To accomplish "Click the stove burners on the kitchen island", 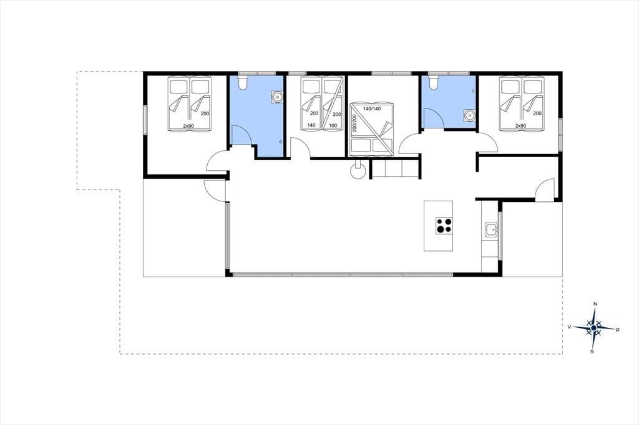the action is pyautogui.click(x=444, y=225).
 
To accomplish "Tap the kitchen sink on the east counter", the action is pyautogui.click(x=490, y=230).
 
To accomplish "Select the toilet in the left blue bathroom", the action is pyautogui.click(x=243, y=83).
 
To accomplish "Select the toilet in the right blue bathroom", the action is pyautogui.click(x=433, y=83).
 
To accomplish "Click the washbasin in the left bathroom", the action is pyautogui.click(x=278, y=97).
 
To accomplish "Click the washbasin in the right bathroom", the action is pyautogui.click(x=470, y=116).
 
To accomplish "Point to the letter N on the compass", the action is pyautogui.click(x=595, y=304).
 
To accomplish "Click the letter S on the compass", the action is pyautogui.click(x=592, y=351).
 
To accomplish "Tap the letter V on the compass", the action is pyautogui.click(x=569, y=327).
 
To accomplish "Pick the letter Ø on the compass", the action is pyautogui.click(x=617, y=329).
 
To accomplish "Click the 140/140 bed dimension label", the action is pyautogui.click(x=372, y=108).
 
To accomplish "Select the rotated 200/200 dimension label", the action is pyautogui.click(x=354, y=123).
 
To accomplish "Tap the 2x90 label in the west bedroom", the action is pyautogui.click(x=188, y=126).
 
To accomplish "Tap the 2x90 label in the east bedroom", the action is pyautogui.click(x=520, y=126).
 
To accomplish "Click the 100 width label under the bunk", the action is pyautogui.click(x=333, y=125).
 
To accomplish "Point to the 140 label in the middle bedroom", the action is pyautogui.click(x=311, y=125).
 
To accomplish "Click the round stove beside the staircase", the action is pyautogui.click(x=358, y=171).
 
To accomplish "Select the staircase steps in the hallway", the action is pyautogui.click(x=395, y=169).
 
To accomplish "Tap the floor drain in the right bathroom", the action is pyautogui.click(x=473, y=90).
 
